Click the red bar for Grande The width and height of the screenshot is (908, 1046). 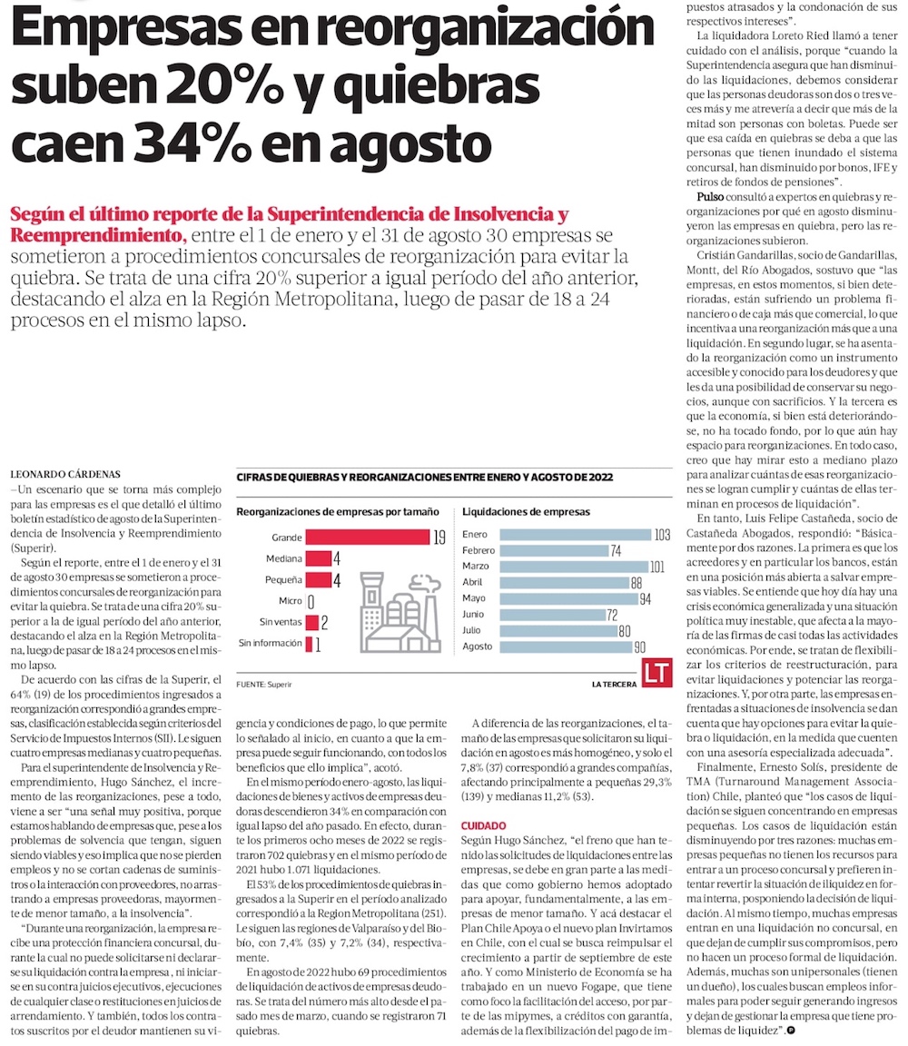pyautogui.click(x=367, y=538)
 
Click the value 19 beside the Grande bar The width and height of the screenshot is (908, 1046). pyautogui.click(x=439, y=538)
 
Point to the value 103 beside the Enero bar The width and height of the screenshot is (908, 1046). pyautogui.click(x=661, y=535)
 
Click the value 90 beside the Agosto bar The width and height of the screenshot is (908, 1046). pyautogui.click(x=639, y=647)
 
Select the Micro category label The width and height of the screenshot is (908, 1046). pyautogui.click(x=290, y=601)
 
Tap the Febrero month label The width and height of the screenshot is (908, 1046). pyautogui.click(x=479, y=550)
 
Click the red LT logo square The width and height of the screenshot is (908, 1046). pyautogui.click(x=656, y=673)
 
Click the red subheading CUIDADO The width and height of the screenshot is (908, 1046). pyautogui.click(x=483, y=825)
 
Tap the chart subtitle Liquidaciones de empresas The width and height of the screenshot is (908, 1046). pyautogui.click(x=526, y=512)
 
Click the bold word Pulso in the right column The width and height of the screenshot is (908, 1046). pyautogui.click(x=711, y=197)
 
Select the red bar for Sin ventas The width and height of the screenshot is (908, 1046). pyautogui.click(x=311, y=622)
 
